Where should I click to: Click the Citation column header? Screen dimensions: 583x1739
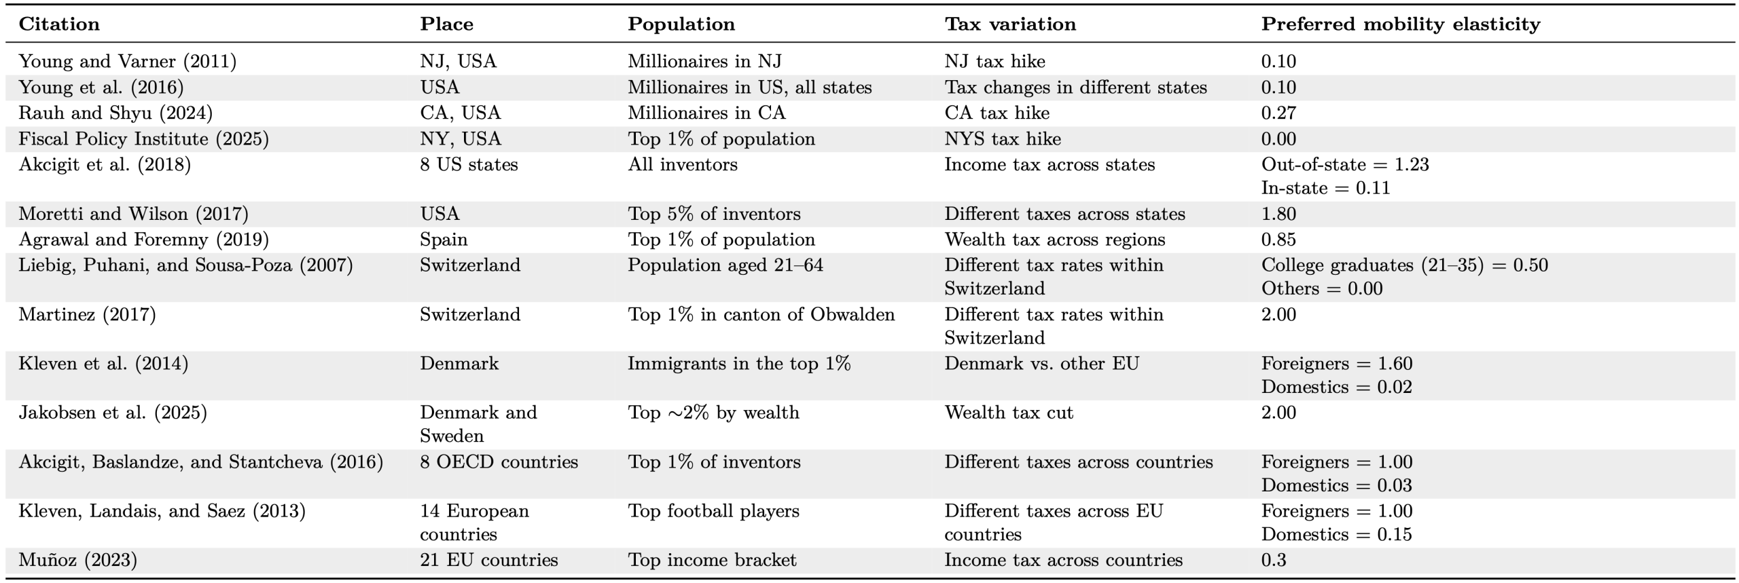point(59,24)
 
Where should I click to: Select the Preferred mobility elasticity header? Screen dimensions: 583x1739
point(1401,24)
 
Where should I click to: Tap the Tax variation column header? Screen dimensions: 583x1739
point(1010,24)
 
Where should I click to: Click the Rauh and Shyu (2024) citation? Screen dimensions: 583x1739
point(115,113)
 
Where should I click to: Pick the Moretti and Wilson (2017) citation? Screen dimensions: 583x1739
point(133,214)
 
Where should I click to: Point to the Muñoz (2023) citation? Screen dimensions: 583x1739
point(77,560)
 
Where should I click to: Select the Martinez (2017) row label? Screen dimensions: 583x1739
point(87,314)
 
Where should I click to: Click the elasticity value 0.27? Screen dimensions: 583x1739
point(1278,113)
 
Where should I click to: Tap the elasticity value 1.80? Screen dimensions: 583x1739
point(1278,214)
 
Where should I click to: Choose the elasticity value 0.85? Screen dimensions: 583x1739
point(1278,240)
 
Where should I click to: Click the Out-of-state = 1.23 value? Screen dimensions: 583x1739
point(1345,165)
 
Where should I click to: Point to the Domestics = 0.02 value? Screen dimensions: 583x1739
point(1336,387)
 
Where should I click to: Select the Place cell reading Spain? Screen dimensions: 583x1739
point(444,240)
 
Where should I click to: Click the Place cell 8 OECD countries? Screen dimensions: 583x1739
point(499,462)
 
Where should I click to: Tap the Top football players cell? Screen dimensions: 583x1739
point(713,511)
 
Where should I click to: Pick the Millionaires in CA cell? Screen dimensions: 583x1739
point(706,113)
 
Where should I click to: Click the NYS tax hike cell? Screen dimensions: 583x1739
point(1003,139)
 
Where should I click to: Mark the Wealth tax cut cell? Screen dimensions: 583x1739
point(1009,413)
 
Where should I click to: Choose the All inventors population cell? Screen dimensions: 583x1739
point(682,165)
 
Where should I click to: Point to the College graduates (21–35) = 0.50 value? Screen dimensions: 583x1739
point(1404,265)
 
